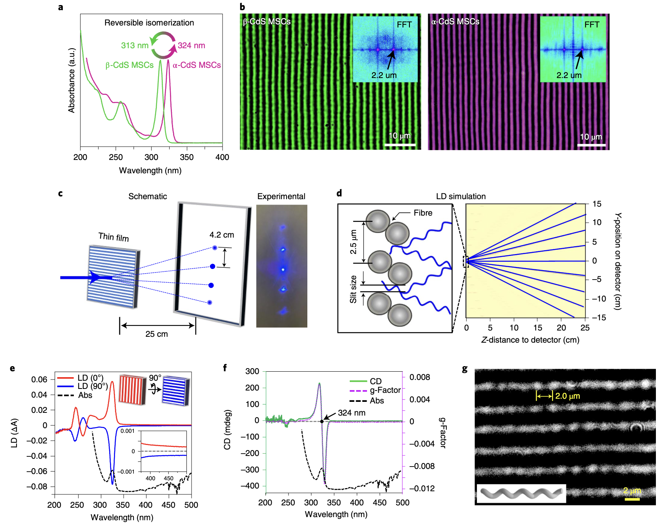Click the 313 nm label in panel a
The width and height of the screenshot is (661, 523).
tap(135, 45)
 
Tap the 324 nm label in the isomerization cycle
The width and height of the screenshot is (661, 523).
tap(191, 45)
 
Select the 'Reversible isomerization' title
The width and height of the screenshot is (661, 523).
tap(149, 23)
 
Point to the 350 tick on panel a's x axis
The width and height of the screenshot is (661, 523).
tap(186, 157)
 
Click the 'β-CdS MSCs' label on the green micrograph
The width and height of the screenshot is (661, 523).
tap(267, 22)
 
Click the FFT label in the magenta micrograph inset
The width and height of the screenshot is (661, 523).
tap(592, 25)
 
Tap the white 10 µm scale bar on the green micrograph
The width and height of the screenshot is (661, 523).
tap(400, 145)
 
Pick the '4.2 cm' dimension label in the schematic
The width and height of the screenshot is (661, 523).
tap(222, 235)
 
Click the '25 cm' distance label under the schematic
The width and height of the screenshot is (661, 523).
tap(157, 334)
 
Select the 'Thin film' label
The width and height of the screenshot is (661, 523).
tap(113, 237)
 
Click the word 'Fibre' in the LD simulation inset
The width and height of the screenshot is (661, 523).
tap(423, 213)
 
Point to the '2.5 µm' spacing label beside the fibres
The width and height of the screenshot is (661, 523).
tap(353, 242)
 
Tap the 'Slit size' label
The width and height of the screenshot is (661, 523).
tap(353, 289)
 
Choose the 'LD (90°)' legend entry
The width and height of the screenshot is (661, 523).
tap(92, 386)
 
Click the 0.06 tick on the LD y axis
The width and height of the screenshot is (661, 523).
tap(39, 380)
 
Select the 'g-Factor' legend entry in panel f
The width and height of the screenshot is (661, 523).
tap(385, 390)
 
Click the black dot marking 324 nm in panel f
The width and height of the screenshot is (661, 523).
tap(322, 421)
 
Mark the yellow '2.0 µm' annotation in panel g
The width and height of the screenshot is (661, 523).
tap(567, 396)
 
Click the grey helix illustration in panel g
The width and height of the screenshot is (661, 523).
tap(521, 494)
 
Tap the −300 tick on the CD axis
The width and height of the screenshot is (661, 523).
tap(251, 470)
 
